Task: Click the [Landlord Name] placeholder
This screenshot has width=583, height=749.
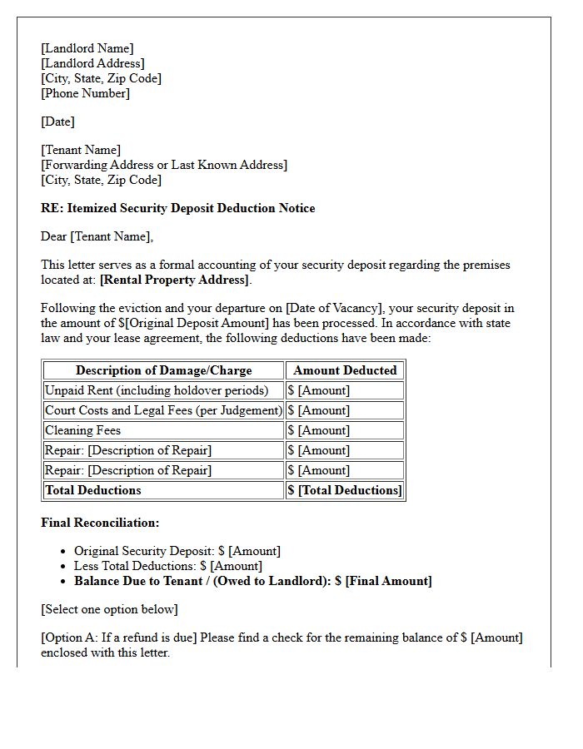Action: pyautogui.click(x=87, y=48)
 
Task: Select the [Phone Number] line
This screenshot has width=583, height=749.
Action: pyautogui.click(x=85, y=93)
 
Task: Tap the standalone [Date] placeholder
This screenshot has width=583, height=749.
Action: pyautogui.click(x=57, y=122)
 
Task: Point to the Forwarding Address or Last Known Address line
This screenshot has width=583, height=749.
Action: pyautogui.click(x=164, y=165)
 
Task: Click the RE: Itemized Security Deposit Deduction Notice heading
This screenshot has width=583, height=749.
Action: pyautogui.click(x=177, y=208)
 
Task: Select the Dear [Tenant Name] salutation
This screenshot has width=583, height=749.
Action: pyautogui.click(x=97, y=236)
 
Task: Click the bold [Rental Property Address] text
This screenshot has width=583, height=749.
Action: pyautogui.click(x=174, y=280)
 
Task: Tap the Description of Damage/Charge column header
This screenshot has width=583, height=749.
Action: pyautogui.click(x=163, y=370)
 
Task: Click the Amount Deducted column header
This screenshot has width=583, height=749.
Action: pyautogui.click(x=345, y=370)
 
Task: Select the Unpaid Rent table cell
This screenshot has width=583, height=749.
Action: pyautogui.click(x=157, y=390)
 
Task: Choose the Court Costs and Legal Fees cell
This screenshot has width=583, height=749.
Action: pyautogui.click(x=163, y=410)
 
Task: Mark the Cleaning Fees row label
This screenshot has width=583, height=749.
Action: pyautogui.click(x=82, y=430)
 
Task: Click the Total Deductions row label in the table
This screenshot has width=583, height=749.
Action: pyautogui.click(x=92, y=490)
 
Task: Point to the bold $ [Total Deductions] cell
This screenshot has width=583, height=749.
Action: pyautogui.click(x=344, y=490)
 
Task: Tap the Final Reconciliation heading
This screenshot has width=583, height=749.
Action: pyautogui.click(x=100, y=523)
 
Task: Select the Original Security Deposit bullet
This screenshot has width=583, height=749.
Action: pyautogui.click(x=177, y=551)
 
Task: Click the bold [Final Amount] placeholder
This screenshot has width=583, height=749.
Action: pyautogui.click(x=388, y=581)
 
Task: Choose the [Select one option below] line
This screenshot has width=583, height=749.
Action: pyautogui.click(x=109, y=609)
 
